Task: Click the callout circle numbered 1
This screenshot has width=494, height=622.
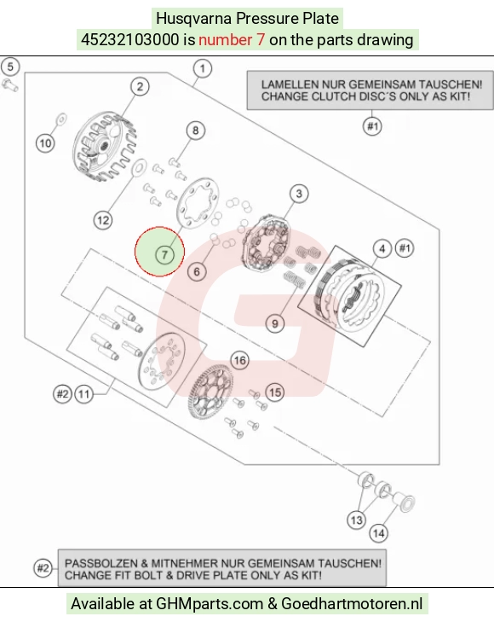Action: pos(202,68)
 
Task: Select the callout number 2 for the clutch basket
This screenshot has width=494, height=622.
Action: pos(140,86)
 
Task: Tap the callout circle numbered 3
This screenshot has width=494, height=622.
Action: pos(299,194)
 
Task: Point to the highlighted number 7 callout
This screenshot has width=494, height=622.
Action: pos(164,254)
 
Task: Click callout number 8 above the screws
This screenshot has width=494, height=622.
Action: pos(196,131)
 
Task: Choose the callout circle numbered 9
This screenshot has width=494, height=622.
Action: pos(275,323)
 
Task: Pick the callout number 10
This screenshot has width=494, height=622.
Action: pos(45,142)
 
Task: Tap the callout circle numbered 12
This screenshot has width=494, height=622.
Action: pos(103,220)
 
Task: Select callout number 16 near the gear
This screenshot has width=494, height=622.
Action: pos(240,360)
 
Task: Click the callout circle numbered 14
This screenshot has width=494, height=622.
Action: pos(378,533)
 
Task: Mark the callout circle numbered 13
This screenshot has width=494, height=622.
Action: pos(357,520)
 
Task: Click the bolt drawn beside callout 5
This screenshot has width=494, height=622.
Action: pos(10,85)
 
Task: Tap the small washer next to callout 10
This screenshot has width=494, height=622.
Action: pos(61,119)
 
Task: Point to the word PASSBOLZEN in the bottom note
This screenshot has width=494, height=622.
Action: pos(101,563)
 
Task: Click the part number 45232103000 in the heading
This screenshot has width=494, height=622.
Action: pos(129,39)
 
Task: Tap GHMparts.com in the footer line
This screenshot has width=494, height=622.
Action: pos(210,604)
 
